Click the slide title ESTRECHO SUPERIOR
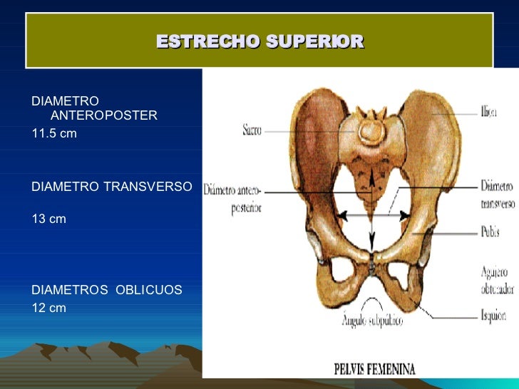click(259, 42)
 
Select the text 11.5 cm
click(54, 133)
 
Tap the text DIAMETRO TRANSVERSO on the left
click(112, 187)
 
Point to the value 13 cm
click(49, 219)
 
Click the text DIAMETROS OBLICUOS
click(107, 290)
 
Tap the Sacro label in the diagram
click(252, 130)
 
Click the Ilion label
click(488, 113)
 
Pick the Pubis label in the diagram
click(489, 232)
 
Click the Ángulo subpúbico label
click(372, 321)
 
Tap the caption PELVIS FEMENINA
click(375, 369)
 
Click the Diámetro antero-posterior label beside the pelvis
click(233, 199)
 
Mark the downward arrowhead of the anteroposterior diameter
click(371, 242)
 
